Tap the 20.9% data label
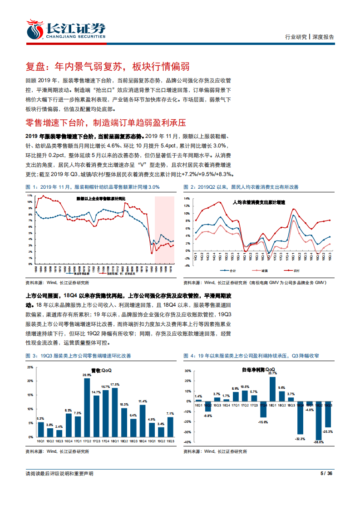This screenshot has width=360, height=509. [87, 375]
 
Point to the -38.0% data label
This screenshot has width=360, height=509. [319, 442]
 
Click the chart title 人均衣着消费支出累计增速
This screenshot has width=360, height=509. [259, 202]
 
